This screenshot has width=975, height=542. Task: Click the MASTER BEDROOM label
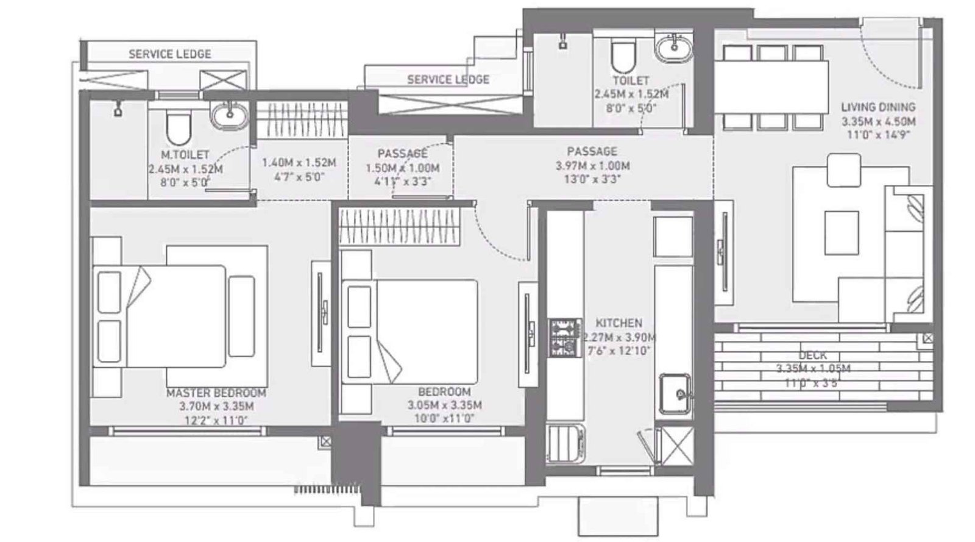click(216, 393)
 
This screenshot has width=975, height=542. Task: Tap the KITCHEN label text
click(619, 323)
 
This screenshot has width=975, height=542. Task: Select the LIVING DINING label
click(878, 107)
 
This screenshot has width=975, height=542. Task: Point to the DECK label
click(813, 355)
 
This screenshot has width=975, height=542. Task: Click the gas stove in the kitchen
click(564, 338)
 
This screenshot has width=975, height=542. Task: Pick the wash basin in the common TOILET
click(674, 46)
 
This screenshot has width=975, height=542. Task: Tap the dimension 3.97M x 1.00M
click(592, 166)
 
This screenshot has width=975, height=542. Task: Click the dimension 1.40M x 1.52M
click(299, 163)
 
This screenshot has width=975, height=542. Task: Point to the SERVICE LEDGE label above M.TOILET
click(170, 54)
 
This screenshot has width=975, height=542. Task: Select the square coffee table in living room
click(842, 232)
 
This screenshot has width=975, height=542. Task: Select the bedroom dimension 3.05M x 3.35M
click(444, 405)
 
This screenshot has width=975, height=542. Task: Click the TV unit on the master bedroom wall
click(321, 313)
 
